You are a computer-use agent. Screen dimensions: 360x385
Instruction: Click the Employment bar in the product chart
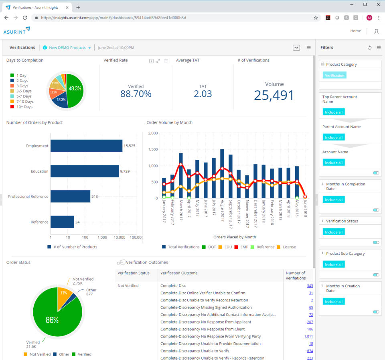pos(86,146)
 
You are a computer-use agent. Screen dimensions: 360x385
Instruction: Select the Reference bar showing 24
pos(62,222)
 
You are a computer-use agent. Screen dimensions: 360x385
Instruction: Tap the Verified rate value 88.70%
pos(136,94)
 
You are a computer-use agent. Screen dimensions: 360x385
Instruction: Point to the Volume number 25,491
pos(274,95)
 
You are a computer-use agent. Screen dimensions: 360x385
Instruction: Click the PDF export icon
pos(296,48)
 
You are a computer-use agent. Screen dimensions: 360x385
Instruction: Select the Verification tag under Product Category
pos(334,75)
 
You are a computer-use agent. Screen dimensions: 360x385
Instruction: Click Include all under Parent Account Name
pos(334,137)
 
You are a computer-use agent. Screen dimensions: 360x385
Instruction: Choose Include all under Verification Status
pos(334,232)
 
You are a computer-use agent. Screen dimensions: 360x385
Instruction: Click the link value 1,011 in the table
pos(308,336)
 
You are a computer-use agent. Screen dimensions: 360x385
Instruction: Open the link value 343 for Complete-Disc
pos(310,286)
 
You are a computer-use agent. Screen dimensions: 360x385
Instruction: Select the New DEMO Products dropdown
pos(67,48)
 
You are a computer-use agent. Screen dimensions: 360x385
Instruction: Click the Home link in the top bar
pos(355,31)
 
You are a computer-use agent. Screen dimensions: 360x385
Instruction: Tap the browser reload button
pos(25,18)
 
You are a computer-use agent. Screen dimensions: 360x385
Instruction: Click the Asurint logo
pos(17,31)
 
